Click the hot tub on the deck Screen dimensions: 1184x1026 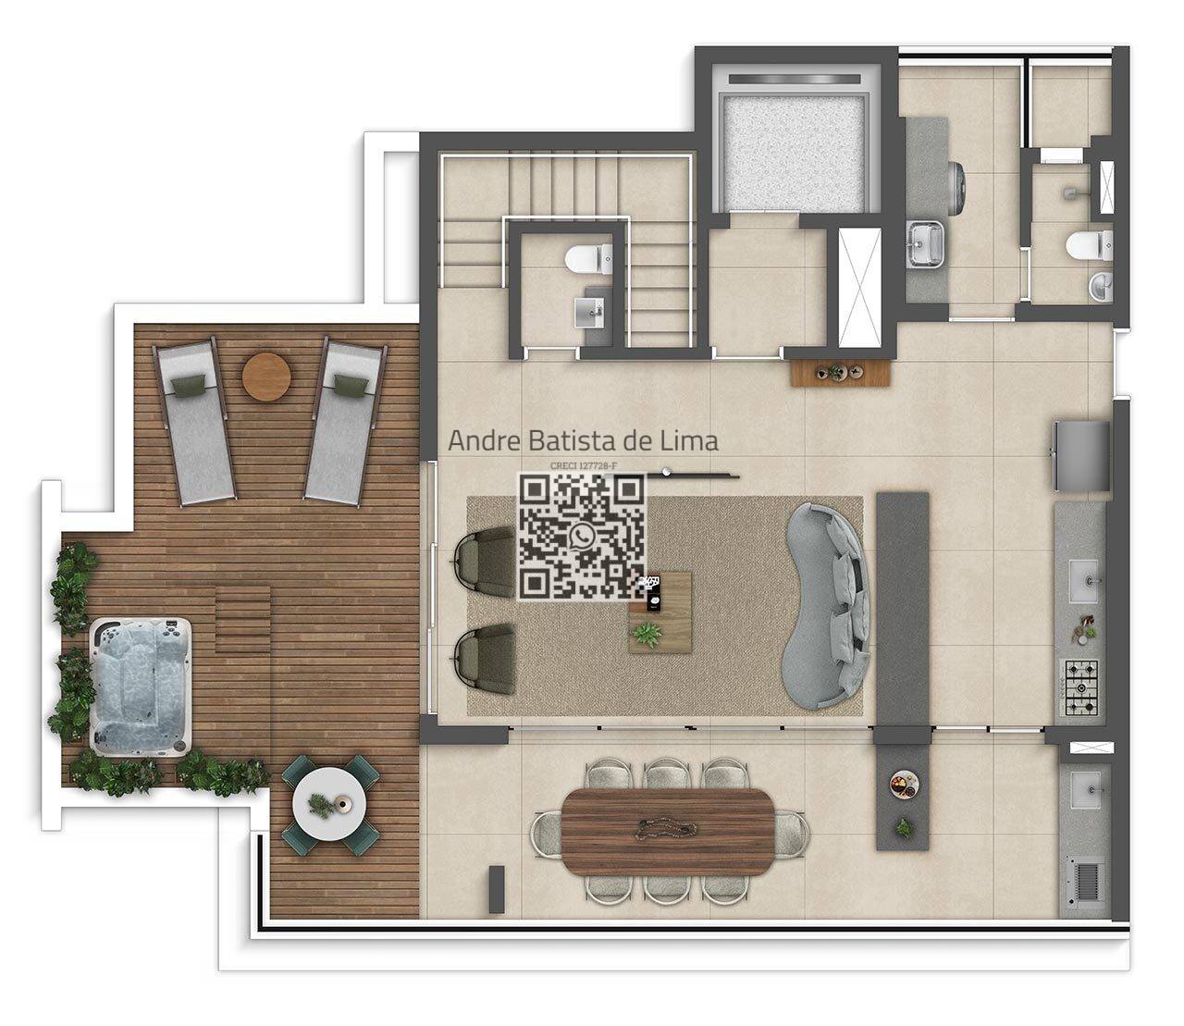tap(141, 686)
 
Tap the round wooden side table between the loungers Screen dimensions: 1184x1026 tap(265, 377)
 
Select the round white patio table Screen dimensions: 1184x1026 tap(329, 805)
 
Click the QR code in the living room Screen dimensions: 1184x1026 tap(582, 538)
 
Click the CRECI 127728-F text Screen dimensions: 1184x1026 tap(584, 466)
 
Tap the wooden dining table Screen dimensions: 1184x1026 tap(668, 831)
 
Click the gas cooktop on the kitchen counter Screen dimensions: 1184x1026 tap(1081, 687)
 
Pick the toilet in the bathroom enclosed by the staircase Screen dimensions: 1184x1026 tap(588, 258)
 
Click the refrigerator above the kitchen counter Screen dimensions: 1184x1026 tap(1081, 456)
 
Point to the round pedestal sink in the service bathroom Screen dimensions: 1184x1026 tap(1101, 287)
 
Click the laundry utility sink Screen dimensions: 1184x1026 tap(926, 243)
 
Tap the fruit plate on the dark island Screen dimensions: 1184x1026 tap(904, 784)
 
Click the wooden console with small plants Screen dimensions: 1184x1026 tap(841, 372)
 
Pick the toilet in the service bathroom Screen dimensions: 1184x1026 tap(1089, 245)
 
